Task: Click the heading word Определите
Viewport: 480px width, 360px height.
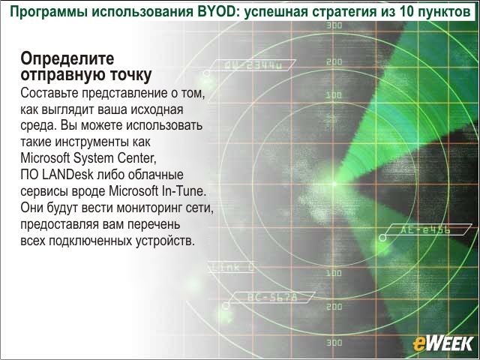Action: point(67,58)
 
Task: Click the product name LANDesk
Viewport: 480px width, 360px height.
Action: point(67,175)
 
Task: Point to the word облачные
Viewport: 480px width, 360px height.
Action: point(155,175)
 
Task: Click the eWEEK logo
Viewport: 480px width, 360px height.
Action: point(443,343)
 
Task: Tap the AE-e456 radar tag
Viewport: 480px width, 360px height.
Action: point(425,229)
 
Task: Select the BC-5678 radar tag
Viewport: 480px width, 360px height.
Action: point(271,297)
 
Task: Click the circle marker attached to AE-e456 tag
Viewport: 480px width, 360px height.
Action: point(382,237)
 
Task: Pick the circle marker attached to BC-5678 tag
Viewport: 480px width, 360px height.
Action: point(226,305)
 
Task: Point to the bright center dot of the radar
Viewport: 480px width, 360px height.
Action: point(334,184)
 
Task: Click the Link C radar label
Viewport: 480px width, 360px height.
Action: point(232,267)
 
